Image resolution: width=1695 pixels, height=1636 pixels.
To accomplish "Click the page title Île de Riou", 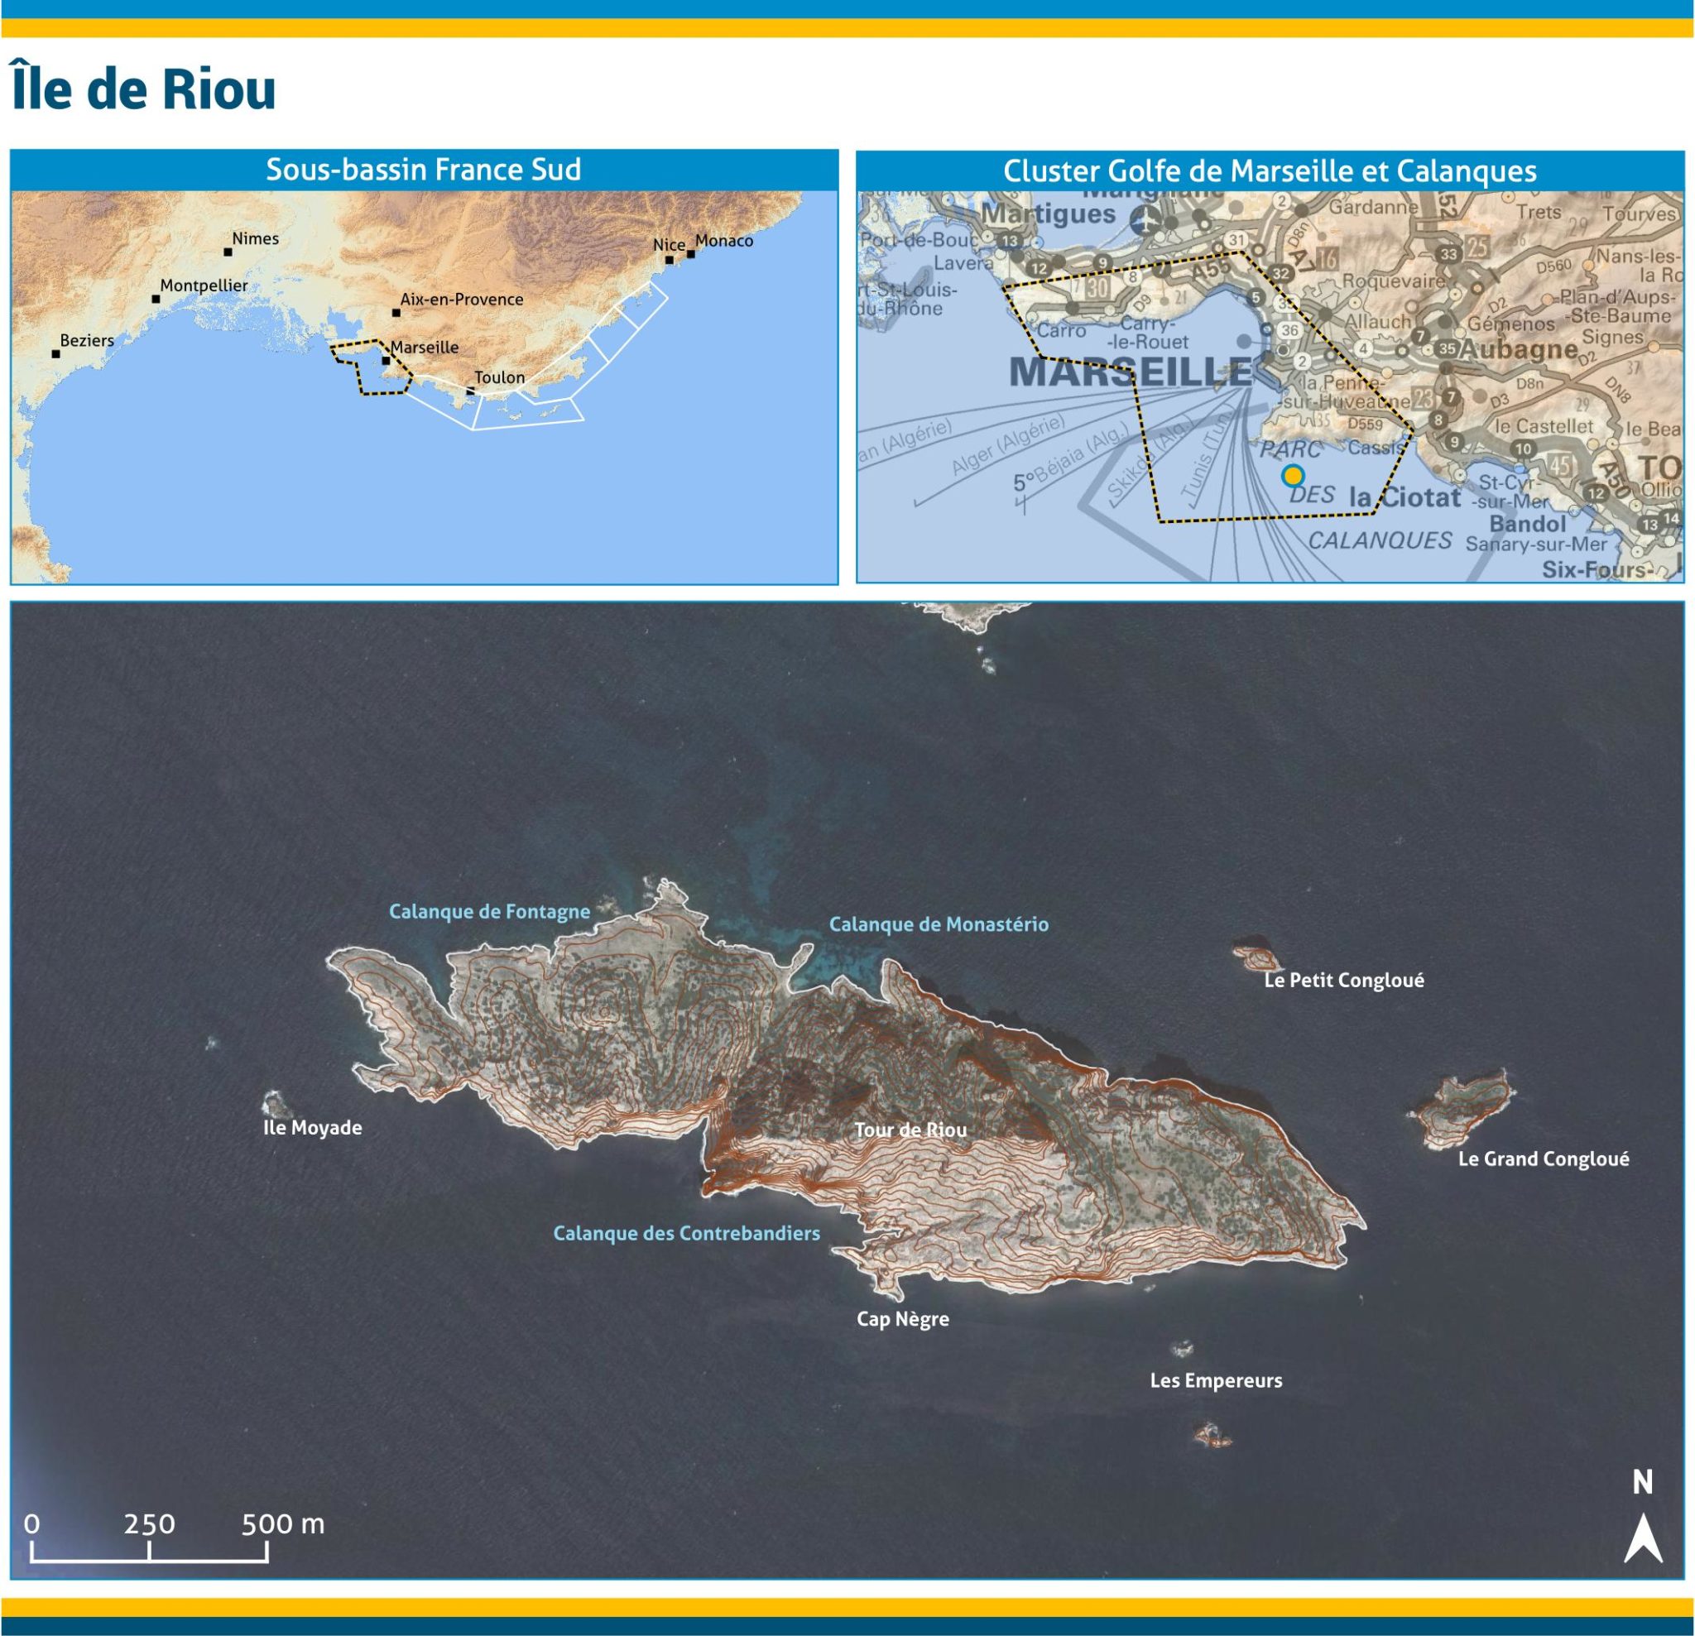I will pyautogui.click(x=143, y=89).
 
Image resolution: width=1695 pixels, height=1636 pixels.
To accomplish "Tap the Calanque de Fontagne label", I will pyautogui.click(x=488, y=911).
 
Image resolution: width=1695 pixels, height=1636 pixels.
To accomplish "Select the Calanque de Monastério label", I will pyautogui.click(x=939, y=924).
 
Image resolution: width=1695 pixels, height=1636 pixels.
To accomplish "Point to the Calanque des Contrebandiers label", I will pyautogui.click(x=686, y=1233).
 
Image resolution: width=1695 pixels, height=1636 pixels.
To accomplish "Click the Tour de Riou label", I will pyautogui.click(x=910, y=1130).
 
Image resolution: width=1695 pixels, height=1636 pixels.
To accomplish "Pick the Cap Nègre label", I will pyautogui.click(x=902, y=1319).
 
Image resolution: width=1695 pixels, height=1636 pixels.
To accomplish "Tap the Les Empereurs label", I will pyautogui.click(x=1215, y=1380).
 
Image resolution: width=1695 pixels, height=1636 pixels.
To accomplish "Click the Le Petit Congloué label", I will pyautogui.click(x=1343, y=980).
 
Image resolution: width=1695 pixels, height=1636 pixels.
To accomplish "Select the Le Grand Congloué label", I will pyautogui.click(x=1543, y=1159).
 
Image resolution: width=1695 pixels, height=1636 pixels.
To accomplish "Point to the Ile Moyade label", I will pyautogui.click(x=312, y=1128).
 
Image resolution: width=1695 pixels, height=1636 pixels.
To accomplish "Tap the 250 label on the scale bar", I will pyautogui.click(x=149, y=1523).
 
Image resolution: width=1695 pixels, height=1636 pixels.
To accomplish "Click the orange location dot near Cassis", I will pyautogui.click(x=1292, y=476).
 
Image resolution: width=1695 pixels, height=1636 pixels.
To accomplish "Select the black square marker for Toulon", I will pyautogui.click(x=470, y=391).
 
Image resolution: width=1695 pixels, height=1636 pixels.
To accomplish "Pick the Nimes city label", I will pyautogui.click(x=255, y=238).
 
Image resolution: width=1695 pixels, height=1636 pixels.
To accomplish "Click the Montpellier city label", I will pyautogui.click(x=204, y=285).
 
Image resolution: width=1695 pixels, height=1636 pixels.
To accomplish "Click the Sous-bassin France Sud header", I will pyautogui.click(x=424, y=170).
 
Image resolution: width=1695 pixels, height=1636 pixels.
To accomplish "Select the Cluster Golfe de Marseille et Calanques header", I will pyautogui.click(x=1270, y=170).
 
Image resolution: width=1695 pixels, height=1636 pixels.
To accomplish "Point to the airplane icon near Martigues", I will pyautogui.click(x=1145, y=220).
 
